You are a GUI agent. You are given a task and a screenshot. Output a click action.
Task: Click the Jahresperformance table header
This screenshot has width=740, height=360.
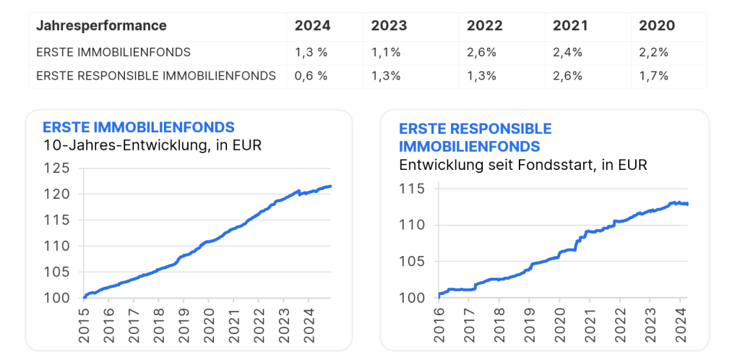click(101, 26)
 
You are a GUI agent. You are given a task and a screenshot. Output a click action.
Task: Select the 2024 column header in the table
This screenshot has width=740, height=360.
click(312, 26)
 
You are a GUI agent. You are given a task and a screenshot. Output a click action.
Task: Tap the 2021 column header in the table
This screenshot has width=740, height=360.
click(570, 26)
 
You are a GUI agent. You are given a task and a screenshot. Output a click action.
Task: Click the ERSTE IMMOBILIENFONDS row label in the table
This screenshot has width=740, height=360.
click(113, 52)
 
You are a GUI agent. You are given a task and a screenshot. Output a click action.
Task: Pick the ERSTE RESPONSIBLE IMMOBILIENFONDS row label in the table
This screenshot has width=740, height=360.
click(155, 76)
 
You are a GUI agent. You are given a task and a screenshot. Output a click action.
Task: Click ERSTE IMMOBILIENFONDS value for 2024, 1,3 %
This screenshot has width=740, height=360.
click(311, 52)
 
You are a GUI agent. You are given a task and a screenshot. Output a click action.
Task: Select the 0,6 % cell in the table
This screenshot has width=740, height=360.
click(311, 76)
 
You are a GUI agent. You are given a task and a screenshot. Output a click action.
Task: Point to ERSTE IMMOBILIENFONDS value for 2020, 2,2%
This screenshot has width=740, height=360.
click(654, 52)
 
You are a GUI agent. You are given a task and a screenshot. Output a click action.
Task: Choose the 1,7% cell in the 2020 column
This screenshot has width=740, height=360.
click(654, 76)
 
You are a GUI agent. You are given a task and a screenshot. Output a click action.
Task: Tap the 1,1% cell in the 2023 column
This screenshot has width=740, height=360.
click(386, 52)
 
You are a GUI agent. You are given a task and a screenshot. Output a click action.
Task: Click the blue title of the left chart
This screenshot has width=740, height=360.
click(139, 127)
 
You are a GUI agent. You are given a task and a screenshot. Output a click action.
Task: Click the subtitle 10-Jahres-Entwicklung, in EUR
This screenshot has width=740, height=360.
click(152, 145)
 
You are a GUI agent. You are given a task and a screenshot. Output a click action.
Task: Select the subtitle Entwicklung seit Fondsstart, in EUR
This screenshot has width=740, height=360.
click(522, 165)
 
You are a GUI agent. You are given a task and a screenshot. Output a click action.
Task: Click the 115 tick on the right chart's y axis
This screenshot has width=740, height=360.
click(413, 189)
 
